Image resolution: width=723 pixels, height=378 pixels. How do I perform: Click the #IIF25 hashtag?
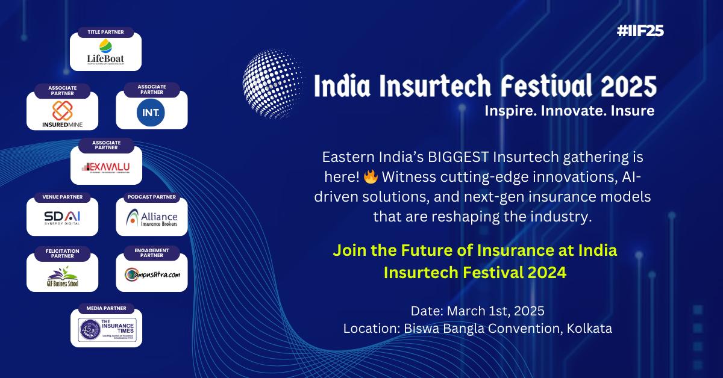pos(640,31)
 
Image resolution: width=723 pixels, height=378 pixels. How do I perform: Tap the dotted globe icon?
pos(269,84)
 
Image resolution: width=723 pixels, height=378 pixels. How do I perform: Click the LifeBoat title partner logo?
pos(105,54)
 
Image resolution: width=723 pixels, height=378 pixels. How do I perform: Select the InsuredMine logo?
pos(63,113)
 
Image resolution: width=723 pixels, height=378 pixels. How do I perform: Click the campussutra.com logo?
pos(151,275)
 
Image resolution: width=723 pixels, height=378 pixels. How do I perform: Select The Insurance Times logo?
pos(107,329)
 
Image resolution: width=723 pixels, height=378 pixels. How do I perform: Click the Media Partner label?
pos(106,308)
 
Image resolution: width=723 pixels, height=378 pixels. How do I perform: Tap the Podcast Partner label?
pos(151,197)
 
